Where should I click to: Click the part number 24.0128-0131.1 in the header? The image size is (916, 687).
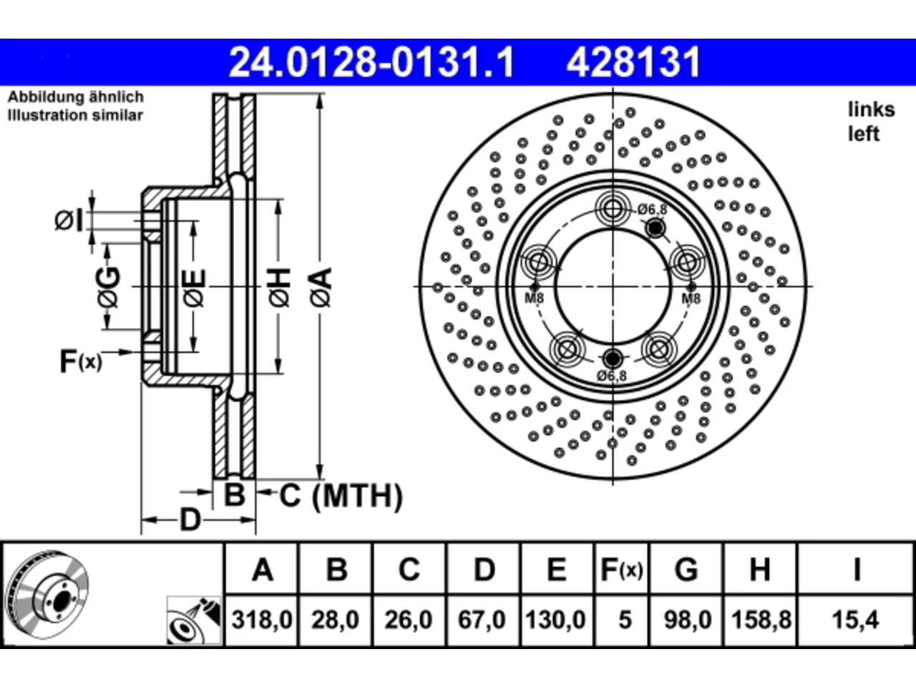point(371,62)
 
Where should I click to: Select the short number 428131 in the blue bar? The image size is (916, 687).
point(633,62)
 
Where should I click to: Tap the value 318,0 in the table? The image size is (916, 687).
point(262,620)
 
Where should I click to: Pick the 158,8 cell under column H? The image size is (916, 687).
point(761,620)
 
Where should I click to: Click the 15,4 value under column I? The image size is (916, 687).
point(855,620)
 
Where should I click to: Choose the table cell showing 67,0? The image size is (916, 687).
point(482,620)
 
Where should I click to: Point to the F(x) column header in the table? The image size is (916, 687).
point(622,570)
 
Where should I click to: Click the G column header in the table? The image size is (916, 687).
point(686,570)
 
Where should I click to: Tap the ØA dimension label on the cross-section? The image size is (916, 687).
point(321,288)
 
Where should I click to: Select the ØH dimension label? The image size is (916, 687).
point(279,288)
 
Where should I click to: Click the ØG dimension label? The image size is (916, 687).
point(109,288)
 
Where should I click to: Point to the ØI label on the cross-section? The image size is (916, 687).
point(69,220)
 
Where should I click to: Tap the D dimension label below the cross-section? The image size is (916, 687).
point(190,520)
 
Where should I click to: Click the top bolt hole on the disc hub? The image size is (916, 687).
point(613,208)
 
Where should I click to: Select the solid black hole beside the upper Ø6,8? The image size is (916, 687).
point(656,228)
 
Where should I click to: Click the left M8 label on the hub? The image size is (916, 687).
point(534,298)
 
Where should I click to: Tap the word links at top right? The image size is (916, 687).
point(872,109)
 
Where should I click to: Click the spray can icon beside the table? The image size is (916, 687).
point(194,620)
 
